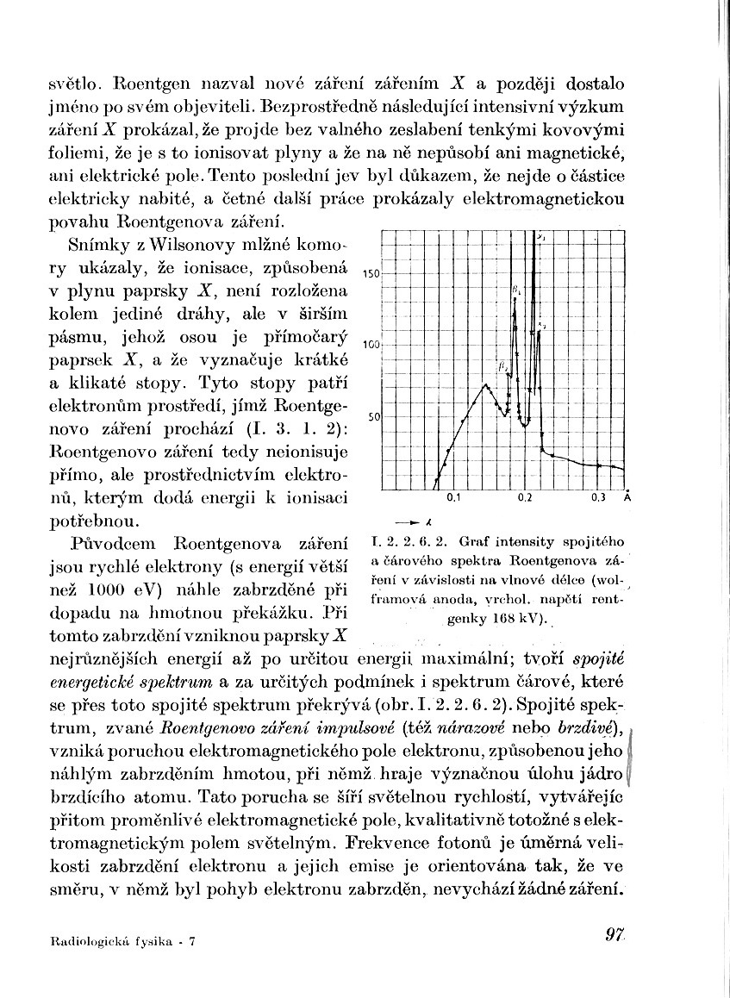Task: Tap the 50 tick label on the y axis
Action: (x=373, y=416)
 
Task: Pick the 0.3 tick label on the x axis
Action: (x=599, y=498)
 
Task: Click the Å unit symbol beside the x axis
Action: (x=627, y=497)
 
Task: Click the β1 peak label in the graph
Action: (x=516, y=290)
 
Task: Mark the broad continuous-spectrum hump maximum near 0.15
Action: (x=486, y=384)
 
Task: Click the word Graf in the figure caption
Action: (x=474, y=543)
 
